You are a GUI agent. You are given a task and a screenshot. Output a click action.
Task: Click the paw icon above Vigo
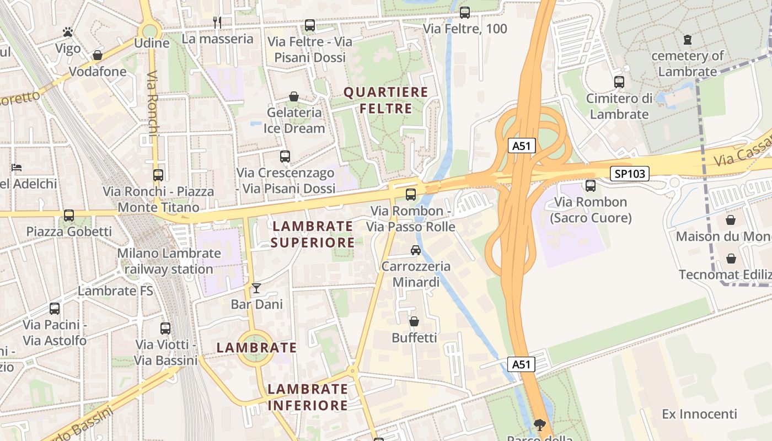click(68, 32)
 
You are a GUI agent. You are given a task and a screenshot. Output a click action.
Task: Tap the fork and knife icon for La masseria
click(217, 23)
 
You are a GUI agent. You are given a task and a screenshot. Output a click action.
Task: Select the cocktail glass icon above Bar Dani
click(256, 288)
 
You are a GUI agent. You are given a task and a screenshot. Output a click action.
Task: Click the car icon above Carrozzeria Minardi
click(416, 250)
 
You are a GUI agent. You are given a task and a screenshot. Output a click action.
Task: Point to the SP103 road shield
click(629, 174)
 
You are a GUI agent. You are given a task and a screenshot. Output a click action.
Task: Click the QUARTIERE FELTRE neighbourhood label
click(386, 100)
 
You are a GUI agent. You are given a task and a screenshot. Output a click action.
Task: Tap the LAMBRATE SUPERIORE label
click(313, 234)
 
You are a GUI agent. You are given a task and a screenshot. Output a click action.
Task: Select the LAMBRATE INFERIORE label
click(308, 397)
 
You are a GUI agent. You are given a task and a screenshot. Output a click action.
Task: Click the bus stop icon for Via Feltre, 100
click(465, 12)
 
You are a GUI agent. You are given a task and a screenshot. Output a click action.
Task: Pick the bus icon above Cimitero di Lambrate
click(619, 82)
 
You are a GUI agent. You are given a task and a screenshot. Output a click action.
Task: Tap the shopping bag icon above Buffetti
click(414, 321)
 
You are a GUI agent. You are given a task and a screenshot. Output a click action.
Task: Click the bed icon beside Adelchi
click(17, 168)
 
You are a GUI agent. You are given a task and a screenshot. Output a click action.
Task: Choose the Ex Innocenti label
click(699, 414)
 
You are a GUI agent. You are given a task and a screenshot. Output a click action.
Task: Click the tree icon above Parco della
click(540, 424)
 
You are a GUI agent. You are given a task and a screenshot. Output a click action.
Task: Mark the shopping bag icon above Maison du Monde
click(731, 220)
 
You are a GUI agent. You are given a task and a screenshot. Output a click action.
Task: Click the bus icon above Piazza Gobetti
click(69, 216)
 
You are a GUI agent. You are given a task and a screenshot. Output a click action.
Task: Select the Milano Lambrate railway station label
click(169, 261)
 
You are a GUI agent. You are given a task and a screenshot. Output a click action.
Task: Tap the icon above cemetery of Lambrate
click(687, 40)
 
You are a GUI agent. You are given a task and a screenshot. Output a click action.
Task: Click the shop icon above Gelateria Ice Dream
click(294, 96)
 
